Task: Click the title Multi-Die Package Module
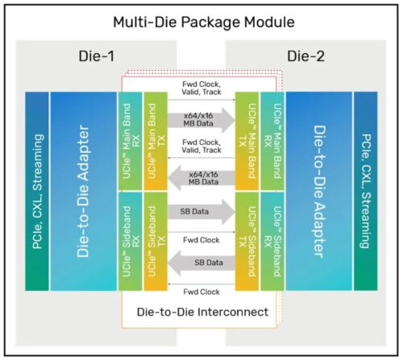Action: tap(204, 23)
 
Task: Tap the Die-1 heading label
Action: tap(97, 56)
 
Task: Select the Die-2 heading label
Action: tap(305, 56)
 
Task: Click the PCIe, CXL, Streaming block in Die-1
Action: tap(37, 191)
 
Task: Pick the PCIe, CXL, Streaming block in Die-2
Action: tap(366, 191)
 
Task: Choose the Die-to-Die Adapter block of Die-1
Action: tap(84, 191)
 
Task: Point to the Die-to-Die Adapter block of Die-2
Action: tap(319, 191)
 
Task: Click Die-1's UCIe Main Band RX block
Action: tap(131, 141)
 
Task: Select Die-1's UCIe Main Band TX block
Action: tap(156, 141)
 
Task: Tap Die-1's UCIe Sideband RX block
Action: tap(131, 242)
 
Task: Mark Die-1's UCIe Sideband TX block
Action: tap(156, 242)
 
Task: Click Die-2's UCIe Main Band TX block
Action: tap(247, 141)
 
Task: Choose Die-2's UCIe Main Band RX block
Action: tap(272, 141)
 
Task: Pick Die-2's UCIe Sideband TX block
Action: tap(247, 242)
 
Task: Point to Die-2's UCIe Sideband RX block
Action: tap(272, 242)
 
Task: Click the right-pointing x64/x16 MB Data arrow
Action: tap(201, 120)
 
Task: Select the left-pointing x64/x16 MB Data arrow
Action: tap(201, 178)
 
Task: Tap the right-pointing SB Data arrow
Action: tap(201, 212)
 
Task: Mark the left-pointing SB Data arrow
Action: tap(201, 263)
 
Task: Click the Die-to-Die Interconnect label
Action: tap(202, 312)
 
